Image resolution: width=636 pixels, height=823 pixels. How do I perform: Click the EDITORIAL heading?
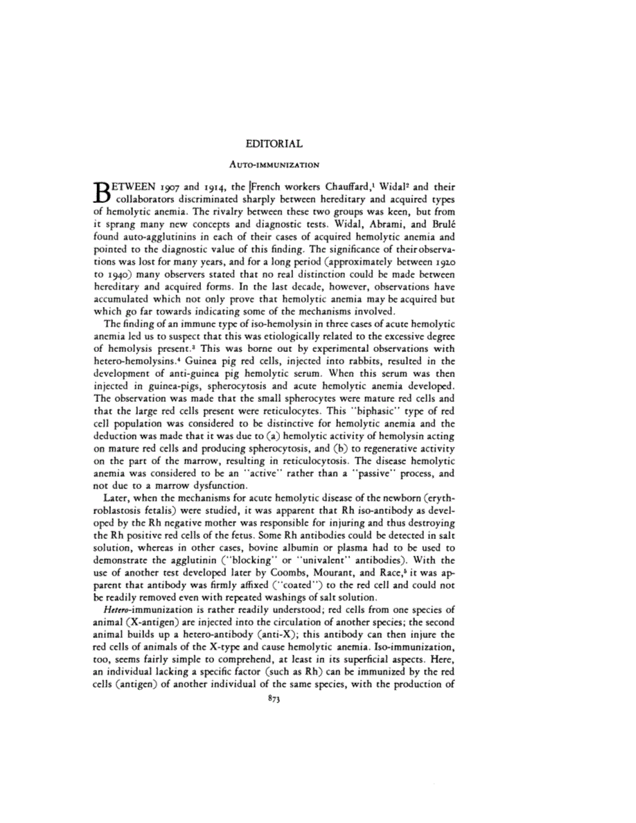(274, 144)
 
